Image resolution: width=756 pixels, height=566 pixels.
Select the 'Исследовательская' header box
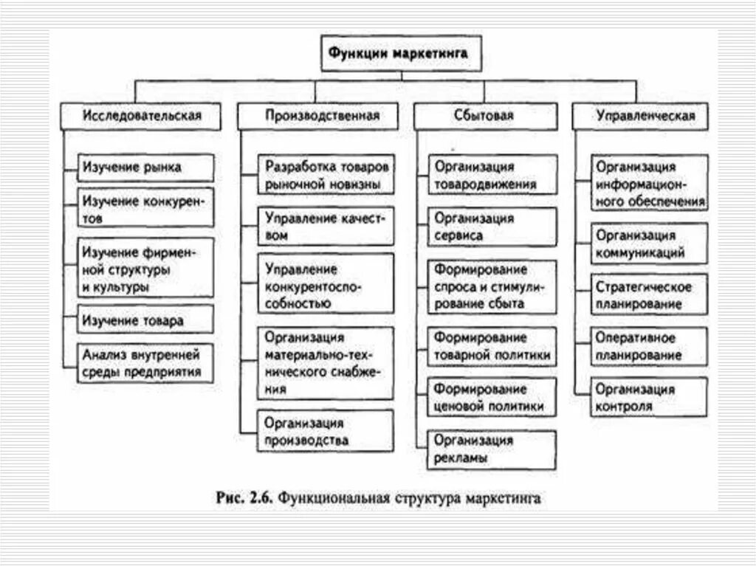tap(140, 116)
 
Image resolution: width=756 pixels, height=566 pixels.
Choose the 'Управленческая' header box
tap(645, 116)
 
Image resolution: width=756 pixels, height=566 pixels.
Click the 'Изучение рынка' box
tap(146, 168)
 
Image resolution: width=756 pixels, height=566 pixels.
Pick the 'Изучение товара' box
tap(146, 320)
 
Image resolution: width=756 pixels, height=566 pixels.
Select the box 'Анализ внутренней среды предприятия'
tap(146, 362)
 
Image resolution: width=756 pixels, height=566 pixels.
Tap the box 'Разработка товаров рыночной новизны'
tap(326, 174)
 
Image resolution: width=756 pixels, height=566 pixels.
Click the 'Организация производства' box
tap(326, 432)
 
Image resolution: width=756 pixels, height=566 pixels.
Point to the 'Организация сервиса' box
tap(492, 227)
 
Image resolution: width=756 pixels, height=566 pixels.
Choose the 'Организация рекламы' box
tap(492, 449)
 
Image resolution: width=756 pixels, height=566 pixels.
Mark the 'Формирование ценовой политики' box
tap(492, 397)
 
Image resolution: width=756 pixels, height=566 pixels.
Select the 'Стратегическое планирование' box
tap(650, 294)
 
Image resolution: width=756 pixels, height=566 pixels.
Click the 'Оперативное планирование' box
tap(650, 346)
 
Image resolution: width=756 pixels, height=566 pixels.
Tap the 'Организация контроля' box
tap(650, 397)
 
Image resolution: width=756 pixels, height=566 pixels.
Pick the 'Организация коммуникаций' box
tap(650, 244)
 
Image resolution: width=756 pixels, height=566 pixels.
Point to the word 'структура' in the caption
tap(425, 499)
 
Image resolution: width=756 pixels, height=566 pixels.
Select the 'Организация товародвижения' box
tap(492, 175)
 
